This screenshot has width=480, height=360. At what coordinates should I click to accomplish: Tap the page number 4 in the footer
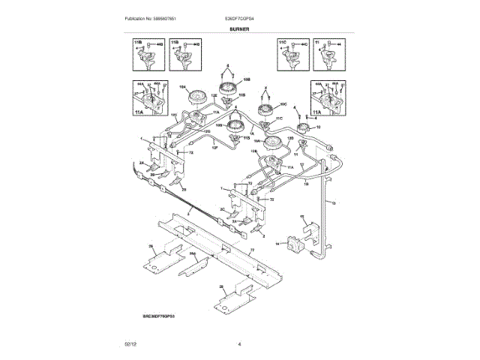(x=239, y=344)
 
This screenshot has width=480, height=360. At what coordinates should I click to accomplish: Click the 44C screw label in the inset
(x=304, y=46)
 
